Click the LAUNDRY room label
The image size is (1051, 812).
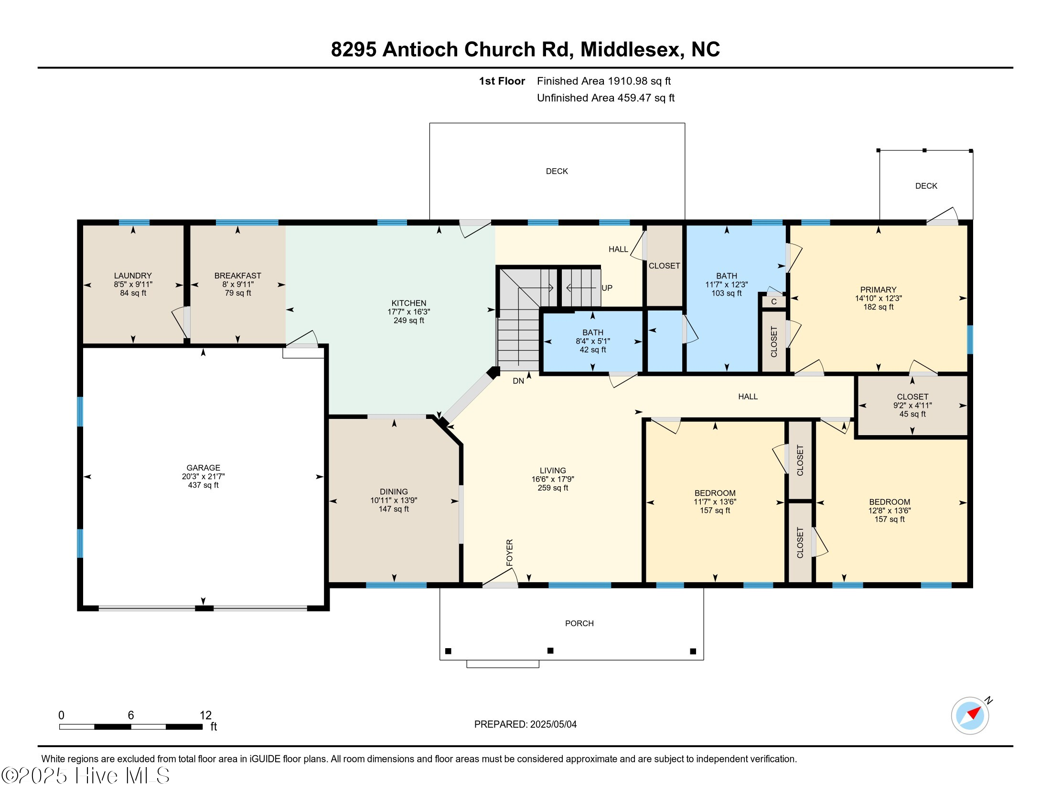[133, 276]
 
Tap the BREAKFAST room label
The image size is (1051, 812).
[238, 276]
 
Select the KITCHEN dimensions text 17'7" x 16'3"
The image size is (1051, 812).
[408, 312]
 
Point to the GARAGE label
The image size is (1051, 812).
[203, 468]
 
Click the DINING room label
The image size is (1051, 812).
[394, 491]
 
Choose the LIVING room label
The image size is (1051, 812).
[552, 470]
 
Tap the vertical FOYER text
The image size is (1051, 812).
[510, 552]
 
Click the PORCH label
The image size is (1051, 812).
[579, 623]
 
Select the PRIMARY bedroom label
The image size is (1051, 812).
[878, 289]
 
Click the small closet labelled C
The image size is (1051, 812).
[774, 302]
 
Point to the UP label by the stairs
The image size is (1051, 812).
[607, 288]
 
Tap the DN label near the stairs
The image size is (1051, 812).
[518, 381]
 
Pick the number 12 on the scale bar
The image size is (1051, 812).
[205, 716]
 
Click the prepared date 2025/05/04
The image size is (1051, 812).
[553, 725]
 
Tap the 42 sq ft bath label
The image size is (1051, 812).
[592, 350]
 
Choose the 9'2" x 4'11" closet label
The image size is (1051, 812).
[912, 406]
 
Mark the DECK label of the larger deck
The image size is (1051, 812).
[557, 171]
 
